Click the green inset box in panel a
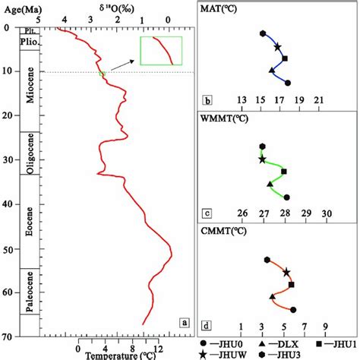coord(161,51)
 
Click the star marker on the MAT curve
coord(276,47)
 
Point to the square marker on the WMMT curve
coord(283,172)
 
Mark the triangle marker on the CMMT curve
coord(273,296)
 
